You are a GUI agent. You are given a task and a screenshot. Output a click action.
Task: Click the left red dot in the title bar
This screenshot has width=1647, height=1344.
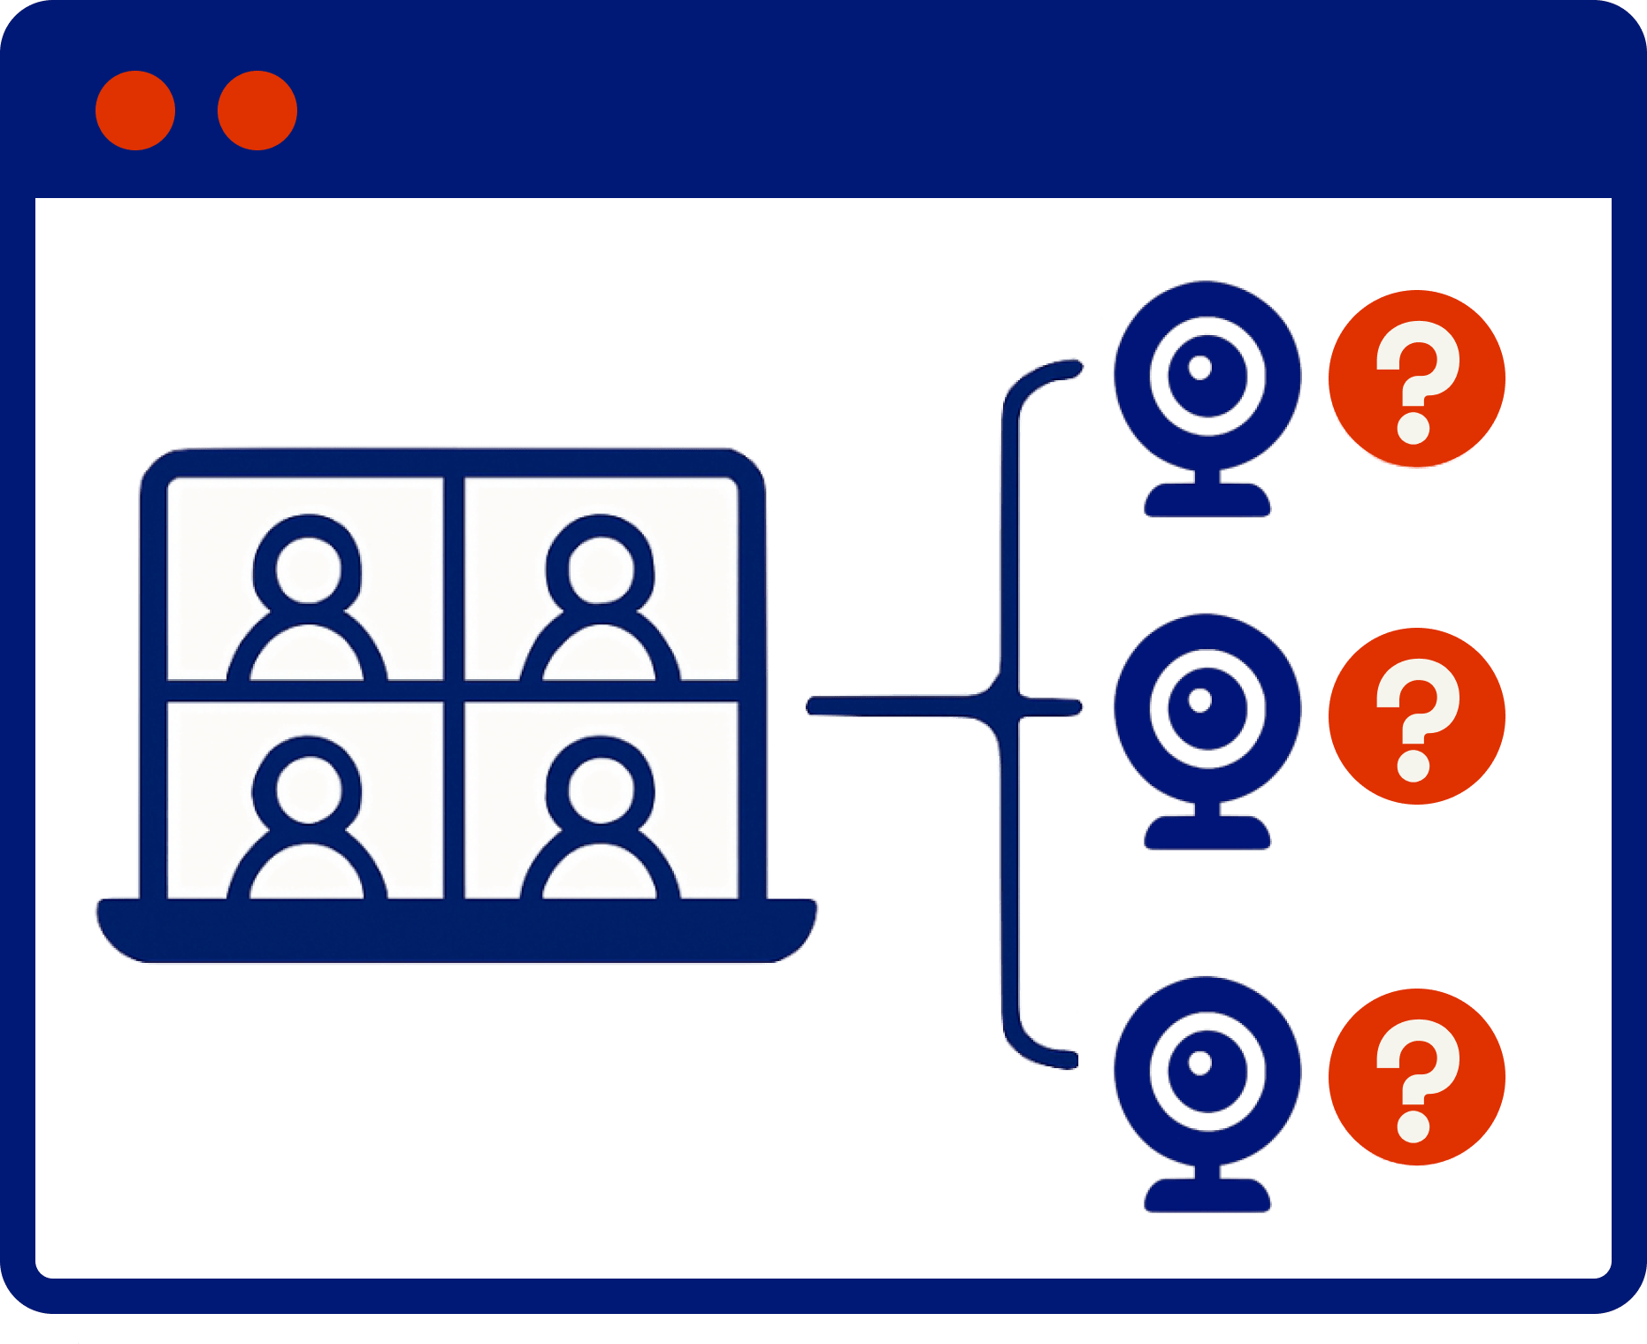(x=135, y=111)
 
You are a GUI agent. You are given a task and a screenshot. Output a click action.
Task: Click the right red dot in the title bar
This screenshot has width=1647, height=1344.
(x=257, y=111)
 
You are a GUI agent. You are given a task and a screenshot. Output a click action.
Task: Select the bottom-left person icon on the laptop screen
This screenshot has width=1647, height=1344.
(x=307, y=817)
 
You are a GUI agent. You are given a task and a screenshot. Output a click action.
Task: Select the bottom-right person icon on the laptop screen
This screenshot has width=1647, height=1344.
(x=601, y=817)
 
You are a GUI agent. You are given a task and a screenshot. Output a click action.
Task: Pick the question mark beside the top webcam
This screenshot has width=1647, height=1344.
(x=1416, y=378)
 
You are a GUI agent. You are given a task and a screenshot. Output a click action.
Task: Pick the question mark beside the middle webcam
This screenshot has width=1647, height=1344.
(x=1416, y=716)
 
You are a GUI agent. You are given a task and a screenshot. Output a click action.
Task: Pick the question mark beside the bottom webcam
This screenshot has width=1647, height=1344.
(x=1416, y=1077)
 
